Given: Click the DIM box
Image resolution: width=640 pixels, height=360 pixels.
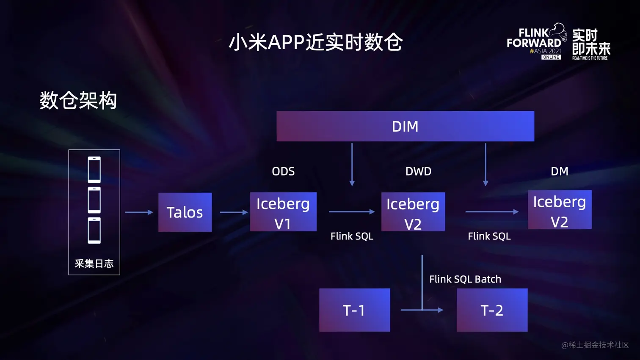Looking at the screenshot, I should coord(405,126).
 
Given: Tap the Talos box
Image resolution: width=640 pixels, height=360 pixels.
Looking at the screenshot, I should coord(185,212).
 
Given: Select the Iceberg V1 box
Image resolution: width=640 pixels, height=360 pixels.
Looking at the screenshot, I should coord(283,212).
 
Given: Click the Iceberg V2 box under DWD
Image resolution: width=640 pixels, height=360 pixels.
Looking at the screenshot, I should coord(413,212).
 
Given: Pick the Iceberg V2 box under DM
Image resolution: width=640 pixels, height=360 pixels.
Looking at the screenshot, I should coord(560,210).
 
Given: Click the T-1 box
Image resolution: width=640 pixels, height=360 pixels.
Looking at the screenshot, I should coord(355,310).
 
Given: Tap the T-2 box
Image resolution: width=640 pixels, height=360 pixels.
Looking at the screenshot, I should coord(492,310).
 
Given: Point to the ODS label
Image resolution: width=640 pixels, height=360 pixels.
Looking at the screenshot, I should coord(283,171).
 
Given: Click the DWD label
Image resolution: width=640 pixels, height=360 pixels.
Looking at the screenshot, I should coord(418,171).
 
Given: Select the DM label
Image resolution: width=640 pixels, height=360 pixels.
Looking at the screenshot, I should coord(559,171).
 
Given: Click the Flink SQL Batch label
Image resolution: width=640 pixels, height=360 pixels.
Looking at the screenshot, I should coord(465,279).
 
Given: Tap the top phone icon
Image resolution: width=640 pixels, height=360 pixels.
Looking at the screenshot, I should coord(94,169).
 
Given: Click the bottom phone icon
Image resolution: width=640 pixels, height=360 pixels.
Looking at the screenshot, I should coord(94,231).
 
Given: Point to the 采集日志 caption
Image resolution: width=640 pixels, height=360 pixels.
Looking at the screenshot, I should coord(94,264).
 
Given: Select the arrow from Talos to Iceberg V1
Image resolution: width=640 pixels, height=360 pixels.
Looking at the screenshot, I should coord(234,212).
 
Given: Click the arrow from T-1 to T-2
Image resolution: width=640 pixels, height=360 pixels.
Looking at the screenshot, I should coord(421,310).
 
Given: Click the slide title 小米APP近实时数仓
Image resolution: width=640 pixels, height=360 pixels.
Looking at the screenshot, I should coord(315,42).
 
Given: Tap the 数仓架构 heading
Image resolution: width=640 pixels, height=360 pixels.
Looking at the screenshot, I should coord(78,101).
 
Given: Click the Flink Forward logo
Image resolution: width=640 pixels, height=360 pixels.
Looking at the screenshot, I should coord(536,42).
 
